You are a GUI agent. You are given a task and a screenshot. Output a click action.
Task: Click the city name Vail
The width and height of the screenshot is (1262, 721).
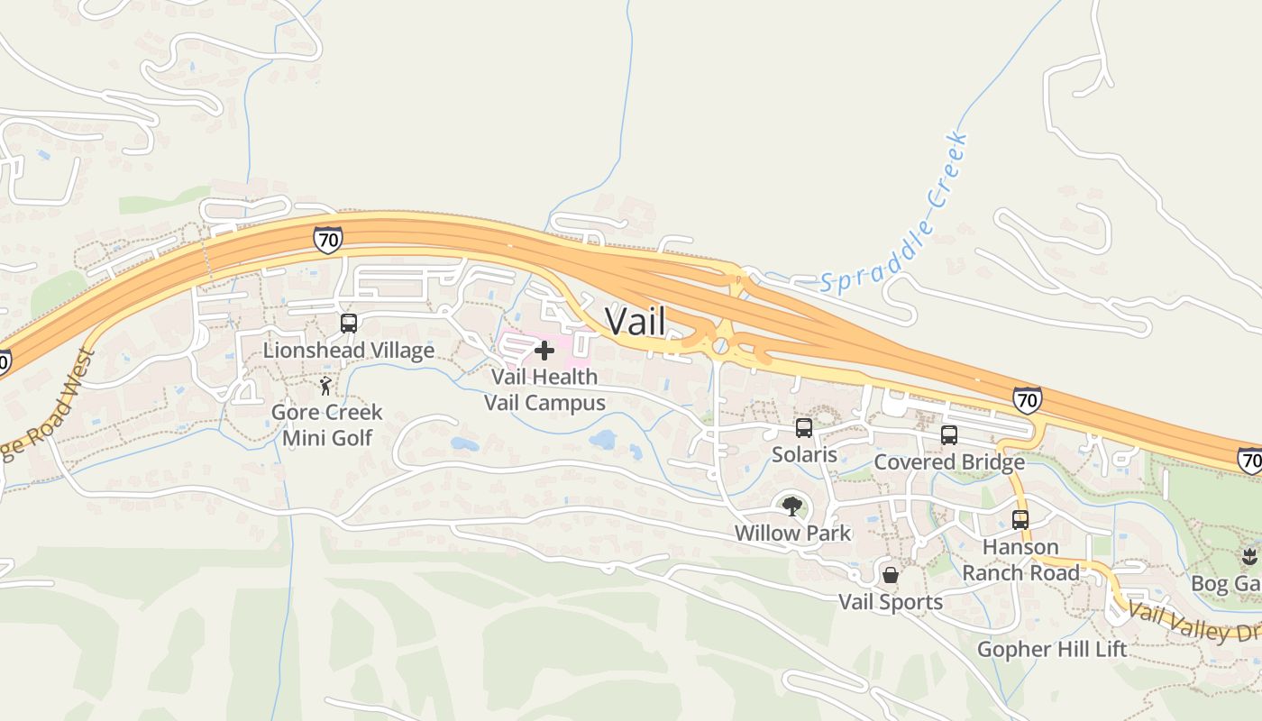[636, 322]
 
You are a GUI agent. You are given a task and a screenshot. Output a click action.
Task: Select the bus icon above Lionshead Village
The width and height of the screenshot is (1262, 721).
[349, 323]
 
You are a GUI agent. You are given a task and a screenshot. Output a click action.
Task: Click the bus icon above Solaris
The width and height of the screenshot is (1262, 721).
[804, 428]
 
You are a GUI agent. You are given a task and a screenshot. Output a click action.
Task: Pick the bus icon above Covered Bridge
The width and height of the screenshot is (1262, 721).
[949, 435]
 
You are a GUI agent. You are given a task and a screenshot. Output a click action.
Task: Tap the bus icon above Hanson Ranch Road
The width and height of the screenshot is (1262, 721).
[1020, 520]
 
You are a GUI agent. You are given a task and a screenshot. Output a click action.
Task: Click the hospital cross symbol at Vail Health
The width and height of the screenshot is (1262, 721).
[544, 350]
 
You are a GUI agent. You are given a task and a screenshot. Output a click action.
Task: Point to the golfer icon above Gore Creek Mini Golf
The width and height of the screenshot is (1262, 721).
[325, 387]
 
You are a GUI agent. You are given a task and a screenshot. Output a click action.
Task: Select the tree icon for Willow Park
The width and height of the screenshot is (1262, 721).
[792, 507]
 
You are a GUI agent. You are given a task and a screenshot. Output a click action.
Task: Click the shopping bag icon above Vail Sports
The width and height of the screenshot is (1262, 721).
[891, 575]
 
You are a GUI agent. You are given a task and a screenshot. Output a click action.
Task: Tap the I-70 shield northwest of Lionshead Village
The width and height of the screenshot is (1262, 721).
[328, 240]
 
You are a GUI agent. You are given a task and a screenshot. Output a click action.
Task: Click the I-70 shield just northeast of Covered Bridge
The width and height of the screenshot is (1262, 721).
[1026, 399]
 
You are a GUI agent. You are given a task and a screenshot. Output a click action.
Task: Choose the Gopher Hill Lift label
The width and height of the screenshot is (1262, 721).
[1052, 649]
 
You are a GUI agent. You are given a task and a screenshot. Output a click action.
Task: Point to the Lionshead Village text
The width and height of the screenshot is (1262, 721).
[349, 350]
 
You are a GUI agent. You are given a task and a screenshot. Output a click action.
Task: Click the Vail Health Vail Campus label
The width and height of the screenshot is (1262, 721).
[544, 389]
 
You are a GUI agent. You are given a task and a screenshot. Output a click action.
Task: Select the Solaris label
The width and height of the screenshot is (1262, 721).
[804, 455]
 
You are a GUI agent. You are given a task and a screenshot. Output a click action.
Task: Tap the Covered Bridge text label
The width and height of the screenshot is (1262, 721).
[949, 462]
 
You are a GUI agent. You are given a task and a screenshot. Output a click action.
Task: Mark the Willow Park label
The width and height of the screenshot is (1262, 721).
[792, 533]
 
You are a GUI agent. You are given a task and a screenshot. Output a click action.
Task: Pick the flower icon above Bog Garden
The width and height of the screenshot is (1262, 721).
[1249, 555]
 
